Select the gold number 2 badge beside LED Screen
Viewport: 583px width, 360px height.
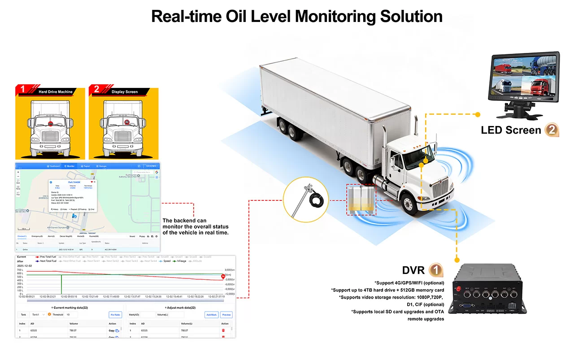pyautogui.click(x=552, y=130)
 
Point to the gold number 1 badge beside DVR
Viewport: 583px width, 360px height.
pyautogui.click(x=435, y=270)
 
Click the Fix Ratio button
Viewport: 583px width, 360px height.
pyautogui.click(x=115, y=315)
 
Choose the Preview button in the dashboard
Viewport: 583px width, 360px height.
pyautogui.click(x=226, y=315)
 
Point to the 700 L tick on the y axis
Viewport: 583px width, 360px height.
pyautogui.click(x=20, y=270)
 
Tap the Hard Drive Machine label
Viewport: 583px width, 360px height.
pyautogui.click(x=55, y=92)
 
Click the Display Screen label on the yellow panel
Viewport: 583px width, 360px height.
pyautogui.click(x=125, y=92)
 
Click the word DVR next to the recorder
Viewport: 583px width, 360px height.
pyautogui.click(x=413, y=270)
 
